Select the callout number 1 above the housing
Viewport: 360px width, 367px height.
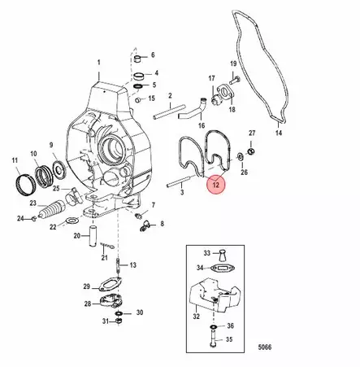(100, 63)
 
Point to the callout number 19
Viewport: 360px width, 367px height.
(233, 63)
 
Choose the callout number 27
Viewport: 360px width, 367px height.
(252, 133)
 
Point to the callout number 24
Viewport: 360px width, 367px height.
(21, 218)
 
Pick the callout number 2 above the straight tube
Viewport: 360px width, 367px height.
(171, 96)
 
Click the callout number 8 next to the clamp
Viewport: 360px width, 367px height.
(162, 224)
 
